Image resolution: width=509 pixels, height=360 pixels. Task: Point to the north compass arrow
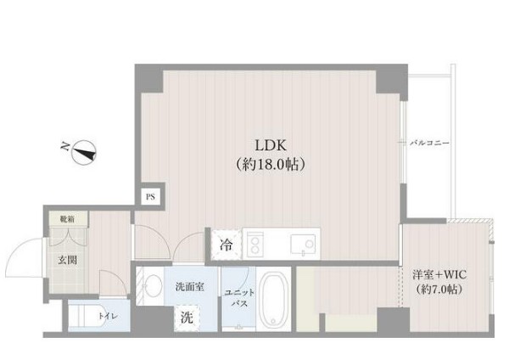pos(86,153)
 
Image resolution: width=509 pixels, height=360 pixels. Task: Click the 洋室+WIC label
pos(439,276)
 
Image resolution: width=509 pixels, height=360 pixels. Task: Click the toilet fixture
pos(83,317)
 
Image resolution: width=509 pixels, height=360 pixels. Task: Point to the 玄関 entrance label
pos(69,260)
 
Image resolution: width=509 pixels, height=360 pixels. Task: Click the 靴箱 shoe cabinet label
pos(66,218)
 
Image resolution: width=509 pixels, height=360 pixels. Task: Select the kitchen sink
pos(302,245)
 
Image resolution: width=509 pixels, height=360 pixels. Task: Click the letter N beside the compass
pos(64,146)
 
